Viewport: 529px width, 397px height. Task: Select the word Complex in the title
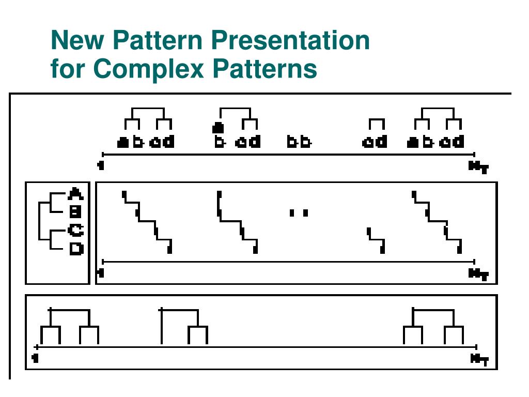[x=148, y=69]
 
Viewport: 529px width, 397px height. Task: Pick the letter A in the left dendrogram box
[x=76, y=194]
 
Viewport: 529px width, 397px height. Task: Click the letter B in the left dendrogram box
[x=76, y=211]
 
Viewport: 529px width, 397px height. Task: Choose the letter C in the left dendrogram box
[x=76, y=230]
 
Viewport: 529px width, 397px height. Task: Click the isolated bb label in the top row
[x=299, y=142]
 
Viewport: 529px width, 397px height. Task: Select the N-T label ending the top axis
[x=478, y=166]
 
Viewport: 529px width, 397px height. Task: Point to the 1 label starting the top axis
[x=101, y=166]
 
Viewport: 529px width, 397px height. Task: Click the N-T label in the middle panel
[x=478, y=274]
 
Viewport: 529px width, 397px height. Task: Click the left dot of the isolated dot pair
[x=292, y=212]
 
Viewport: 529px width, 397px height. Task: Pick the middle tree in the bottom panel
[x=184, y=326]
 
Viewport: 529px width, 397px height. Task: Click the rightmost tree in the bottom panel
[x=433, y=326]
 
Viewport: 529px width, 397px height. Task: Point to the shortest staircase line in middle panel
[x=376, y=240]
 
